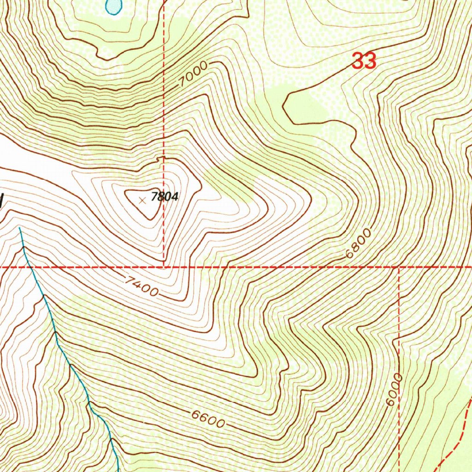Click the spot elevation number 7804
(x=165, y=197)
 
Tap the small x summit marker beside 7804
(x=142, y=200)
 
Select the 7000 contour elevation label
(x=194, y=74)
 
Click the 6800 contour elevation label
(x=357, y=244)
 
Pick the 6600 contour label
(x=208, y=417)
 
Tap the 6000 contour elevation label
(x=395, y=390)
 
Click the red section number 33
(x=364, y=61)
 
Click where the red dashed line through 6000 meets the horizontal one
(x=398, y=267)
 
